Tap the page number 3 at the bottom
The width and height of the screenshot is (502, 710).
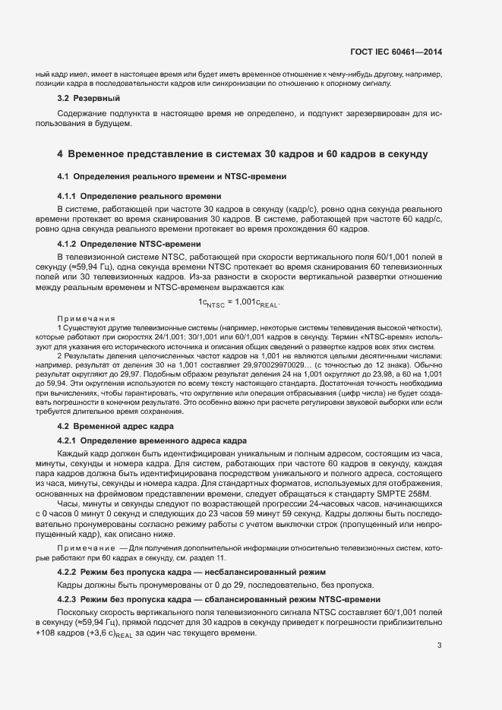[x=440, y=646]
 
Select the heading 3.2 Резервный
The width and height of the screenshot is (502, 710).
[x=89, y=98]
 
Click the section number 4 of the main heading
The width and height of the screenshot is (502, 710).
[x=60, y=154]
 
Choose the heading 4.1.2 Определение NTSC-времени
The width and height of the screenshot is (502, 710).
[x=129, y=244]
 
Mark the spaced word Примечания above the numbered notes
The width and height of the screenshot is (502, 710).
[x=86, y=318]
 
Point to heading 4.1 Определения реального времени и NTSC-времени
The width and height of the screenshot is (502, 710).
[x=172, y=177]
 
